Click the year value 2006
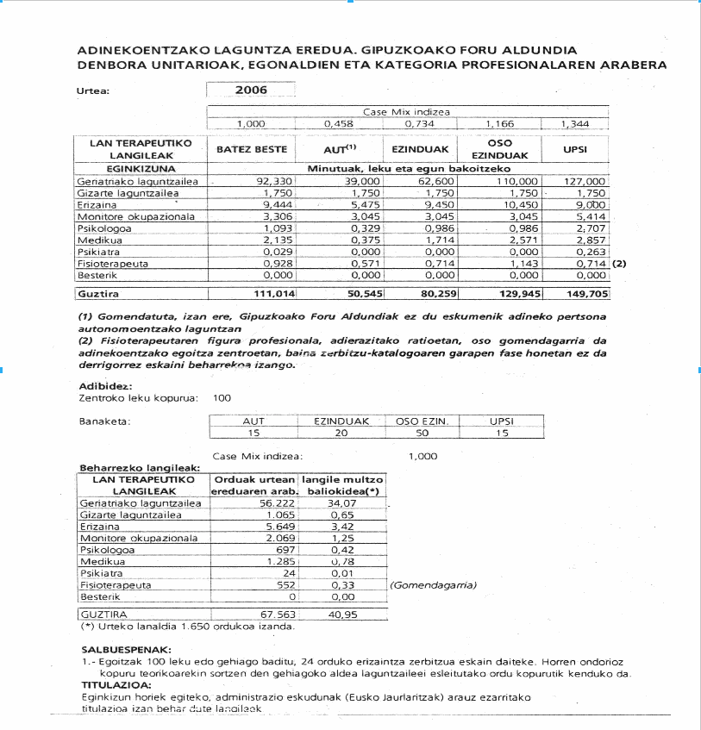click(x=251, y=90)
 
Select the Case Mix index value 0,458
click(x=338, y=124)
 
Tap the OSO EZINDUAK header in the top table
click(x=499, y=149)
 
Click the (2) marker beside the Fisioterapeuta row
click(x=618, y=262)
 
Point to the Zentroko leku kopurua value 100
click(x=222, y=398)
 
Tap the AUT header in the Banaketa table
click(x=253, y=421)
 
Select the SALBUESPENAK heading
click(x=126, y=649)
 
